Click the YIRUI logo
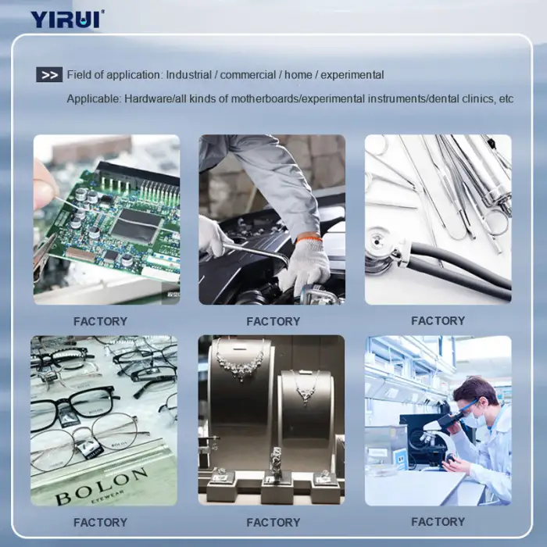(x=67, y=20)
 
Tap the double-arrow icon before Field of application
(x=49, y=75)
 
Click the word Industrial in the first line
(x=189, y=75)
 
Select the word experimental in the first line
(x=352, y=75)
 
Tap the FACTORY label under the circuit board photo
(x=101, y=321)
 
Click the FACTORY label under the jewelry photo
(x=273, y=522)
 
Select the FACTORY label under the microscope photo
(x=438, y=521)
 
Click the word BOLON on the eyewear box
(x=101, y=485)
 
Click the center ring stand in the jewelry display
(x=277, y=461)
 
